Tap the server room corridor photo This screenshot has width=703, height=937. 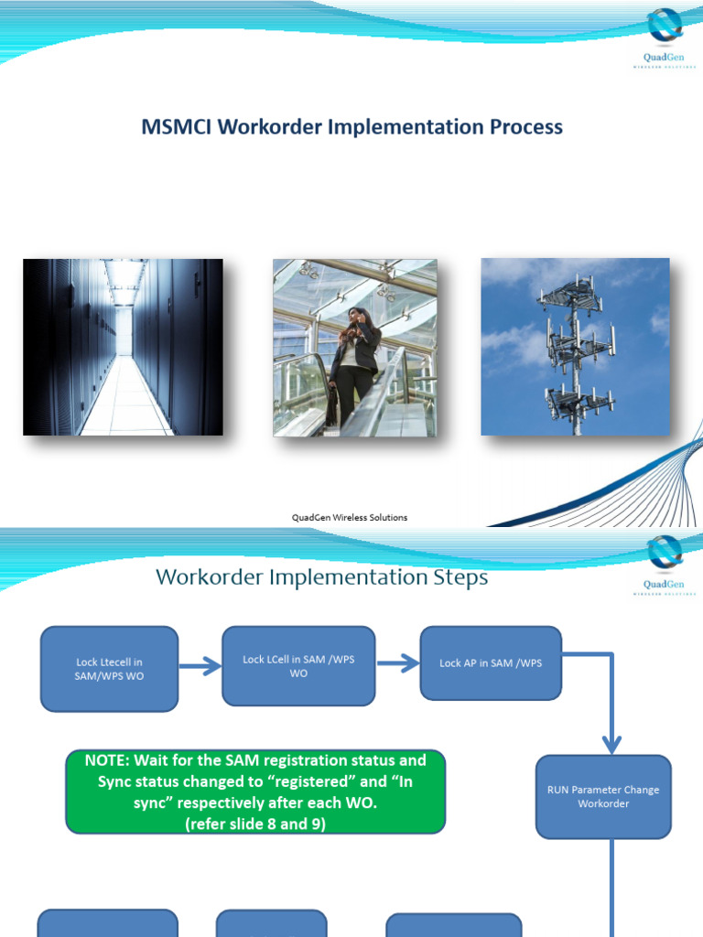click(x=123, y=347)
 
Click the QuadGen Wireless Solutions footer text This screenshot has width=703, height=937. click(x=350, y=517)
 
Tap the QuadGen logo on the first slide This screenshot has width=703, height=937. click(x=665, y=37)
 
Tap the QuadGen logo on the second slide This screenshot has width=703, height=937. click(x=665, y=564)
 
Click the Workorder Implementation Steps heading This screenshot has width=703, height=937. click(x=321, y=577)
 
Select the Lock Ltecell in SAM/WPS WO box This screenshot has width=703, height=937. click(x=109, y=669)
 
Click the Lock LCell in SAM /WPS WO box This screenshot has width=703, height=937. click(x=298, y=666)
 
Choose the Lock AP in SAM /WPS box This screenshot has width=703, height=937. click(x=491, y=663)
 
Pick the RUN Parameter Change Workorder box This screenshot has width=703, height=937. click(x=603, y=796)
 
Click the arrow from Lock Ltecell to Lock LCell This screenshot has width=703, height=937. click(x=200, y=666)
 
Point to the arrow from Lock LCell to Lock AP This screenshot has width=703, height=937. click(x=397, y=664)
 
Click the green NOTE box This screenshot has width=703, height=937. click(x=255, y=792)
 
